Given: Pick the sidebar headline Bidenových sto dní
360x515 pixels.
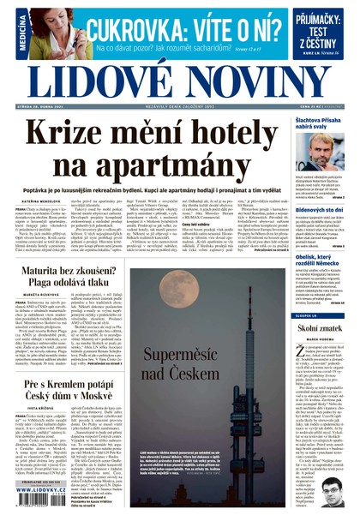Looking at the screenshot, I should pos(319,209).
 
